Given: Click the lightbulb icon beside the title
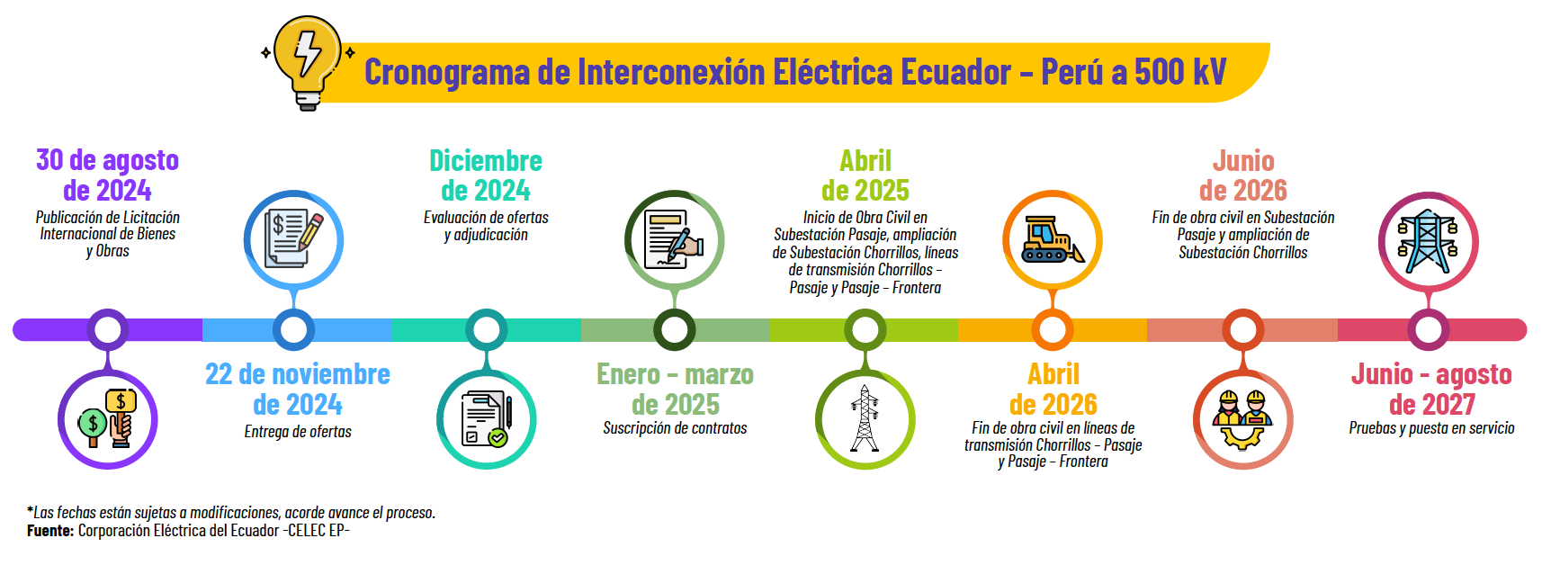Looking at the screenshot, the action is coord(308,63).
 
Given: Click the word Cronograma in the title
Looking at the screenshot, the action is coord(447,73).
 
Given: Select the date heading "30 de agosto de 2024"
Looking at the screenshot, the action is coord(107,175).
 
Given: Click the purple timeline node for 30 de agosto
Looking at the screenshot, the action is coord(107,329).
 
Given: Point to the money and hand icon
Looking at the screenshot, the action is coord(108,419).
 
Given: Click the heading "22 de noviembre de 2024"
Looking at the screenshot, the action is coord(298,389).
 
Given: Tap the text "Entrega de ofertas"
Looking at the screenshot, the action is coord(298,432).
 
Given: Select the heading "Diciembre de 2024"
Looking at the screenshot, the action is coord(486,175).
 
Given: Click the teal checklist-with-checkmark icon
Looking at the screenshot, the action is coord(486,420).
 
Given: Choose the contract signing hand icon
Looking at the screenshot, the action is coord(674,239).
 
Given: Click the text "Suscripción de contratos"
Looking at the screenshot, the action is coord(675,428).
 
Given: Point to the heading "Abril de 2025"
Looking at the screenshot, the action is coord(865,175).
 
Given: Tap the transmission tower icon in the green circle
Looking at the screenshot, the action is coord(865,419).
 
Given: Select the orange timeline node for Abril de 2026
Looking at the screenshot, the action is coord(1053,329).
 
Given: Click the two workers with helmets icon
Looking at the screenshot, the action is coord(1242,419).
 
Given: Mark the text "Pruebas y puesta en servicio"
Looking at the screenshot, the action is coord(1432,428).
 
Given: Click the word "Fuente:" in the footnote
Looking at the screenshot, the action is coord(50,531).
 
